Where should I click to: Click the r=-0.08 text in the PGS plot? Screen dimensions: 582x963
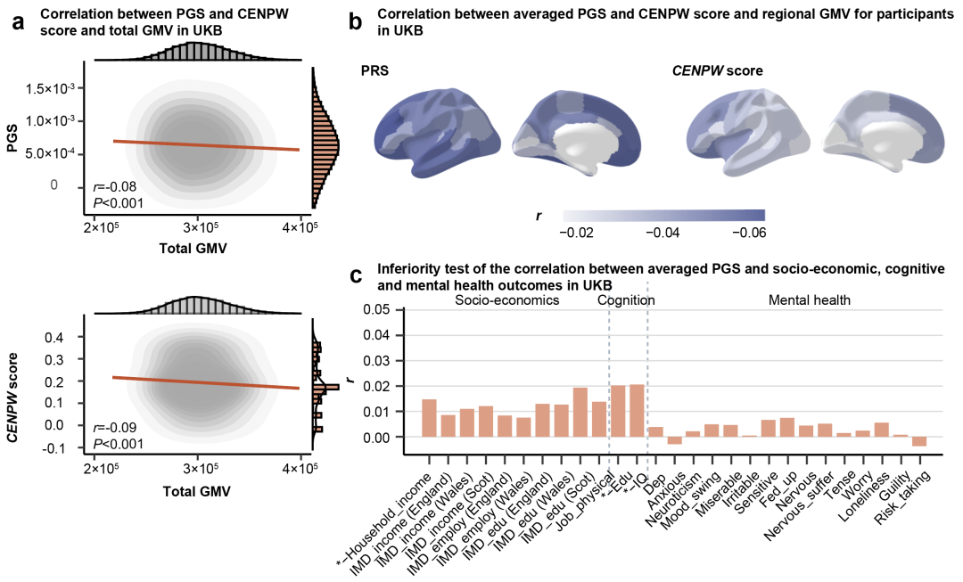[120, 187]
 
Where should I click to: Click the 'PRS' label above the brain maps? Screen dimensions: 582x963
[374, 70]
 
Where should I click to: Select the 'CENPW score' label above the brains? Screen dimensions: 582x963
[717, 70]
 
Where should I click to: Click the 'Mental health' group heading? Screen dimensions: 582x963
[809, 300]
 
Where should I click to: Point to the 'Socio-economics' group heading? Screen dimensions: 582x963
[507, 300]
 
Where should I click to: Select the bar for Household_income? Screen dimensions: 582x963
[429, 418]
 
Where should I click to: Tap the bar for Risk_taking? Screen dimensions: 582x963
[919, 441]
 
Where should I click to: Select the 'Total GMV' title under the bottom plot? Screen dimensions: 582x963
[194, 490]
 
